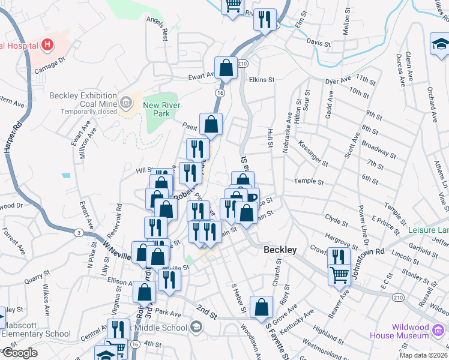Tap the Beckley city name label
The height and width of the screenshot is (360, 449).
280,250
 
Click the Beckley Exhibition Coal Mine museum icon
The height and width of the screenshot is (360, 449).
126,104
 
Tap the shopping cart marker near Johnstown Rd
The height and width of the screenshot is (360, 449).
339,275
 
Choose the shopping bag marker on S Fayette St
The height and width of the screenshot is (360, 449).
262,307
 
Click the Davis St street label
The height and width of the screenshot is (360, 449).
318,43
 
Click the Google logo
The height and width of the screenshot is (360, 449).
19,353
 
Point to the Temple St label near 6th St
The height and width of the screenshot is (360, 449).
309,181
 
